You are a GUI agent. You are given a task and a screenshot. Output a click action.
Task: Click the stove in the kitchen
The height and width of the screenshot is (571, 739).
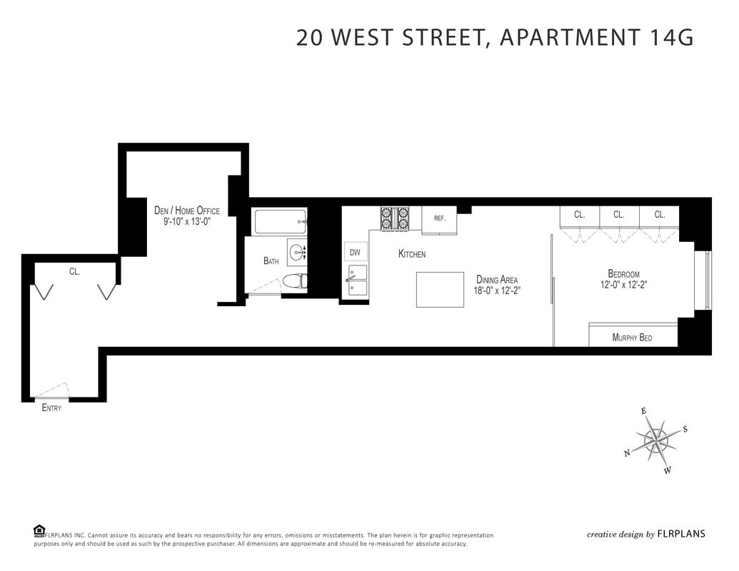pos(395,218)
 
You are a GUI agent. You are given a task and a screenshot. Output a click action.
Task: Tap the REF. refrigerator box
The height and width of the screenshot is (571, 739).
pos(439,219)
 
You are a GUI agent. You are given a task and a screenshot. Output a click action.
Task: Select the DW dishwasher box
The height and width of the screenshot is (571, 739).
pos(355,252)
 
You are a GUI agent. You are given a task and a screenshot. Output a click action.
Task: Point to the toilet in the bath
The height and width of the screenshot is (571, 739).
pos(294,281)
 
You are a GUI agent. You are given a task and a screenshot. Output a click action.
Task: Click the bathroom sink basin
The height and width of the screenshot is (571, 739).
pos(298,251)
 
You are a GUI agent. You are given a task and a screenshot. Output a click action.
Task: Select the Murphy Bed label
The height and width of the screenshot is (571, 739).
pos(632,338)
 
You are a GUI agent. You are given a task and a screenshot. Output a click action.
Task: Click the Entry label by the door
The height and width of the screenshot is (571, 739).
pos(52,408)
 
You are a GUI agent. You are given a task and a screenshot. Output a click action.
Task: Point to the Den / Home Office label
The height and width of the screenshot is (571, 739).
pos(187,211)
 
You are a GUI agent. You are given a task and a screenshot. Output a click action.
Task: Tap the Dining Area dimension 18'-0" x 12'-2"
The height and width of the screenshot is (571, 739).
pos(496,290)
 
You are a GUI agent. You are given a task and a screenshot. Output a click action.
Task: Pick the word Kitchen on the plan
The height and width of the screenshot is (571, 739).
pos(412,254)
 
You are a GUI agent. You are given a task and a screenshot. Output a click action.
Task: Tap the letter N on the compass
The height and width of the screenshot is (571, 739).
pos(627,453)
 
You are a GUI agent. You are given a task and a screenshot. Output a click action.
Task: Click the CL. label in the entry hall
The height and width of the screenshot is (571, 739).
pos(74,271)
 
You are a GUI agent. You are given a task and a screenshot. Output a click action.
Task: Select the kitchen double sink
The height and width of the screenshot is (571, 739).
pos(356,281)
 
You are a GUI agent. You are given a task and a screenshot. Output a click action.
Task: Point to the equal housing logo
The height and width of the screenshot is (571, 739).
pos(39,530)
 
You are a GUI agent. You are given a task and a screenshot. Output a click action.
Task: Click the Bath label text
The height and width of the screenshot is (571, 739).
pos(271,261)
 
